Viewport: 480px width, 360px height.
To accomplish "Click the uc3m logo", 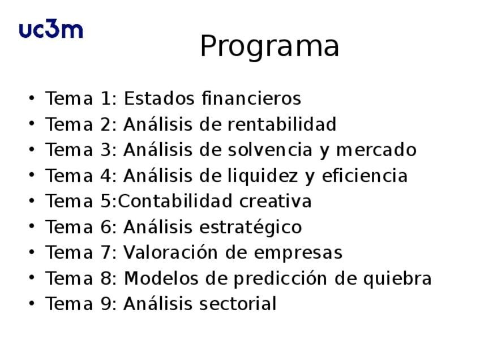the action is point(51,29).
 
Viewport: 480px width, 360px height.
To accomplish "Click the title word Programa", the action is point(269,46).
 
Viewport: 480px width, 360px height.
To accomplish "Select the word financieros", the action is point(251,98).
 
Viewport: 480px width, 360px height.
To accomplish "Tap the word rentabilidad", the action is point(282,124).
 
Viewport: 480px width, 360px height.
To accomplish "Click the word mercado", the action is point(376,149).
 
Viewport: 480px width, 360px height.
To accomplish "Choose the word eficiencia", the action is point(365,175).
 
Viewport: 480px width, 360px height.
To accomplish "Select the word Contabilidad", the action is point(175,201).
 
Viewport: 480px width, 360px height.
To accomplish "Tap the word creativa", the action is point(276,201).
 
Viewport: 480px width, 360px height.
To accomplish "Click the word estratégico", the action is point(251,227).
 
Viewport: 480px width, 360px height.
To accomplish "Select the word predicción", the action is point(280,279).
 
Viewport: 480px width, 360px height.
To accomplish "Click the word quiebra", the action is point(397,279).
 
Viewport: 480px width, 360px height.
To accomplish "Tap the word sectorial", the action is point(238,303).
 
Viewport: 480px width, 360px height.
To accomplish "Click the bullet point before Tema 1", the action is point(32,98).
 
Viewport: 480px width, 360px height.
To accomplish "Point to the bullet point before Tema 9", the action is point(32,303).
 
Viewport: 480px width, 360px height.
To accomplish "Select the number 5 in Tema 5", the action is point(106,201).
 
